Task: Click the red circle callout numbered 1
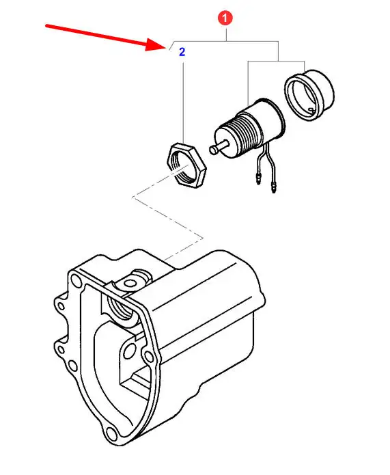(225, 18)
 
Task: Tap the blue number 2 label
(182, 52)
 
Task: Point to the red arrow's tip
(165, 47)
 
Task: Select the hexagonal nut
(186, 165)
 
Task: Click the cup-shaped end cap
(309, 94)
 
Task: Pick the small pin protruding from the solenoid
(218, 148)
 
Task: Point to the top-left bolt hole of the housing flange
(74, 280)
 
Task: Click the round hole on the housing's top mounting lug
(130, 284)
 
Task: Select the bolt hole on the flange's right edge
(149, 356)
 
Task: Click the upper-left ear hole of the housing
(61, 306)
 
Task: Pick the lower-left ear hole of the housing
(61, 350)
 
